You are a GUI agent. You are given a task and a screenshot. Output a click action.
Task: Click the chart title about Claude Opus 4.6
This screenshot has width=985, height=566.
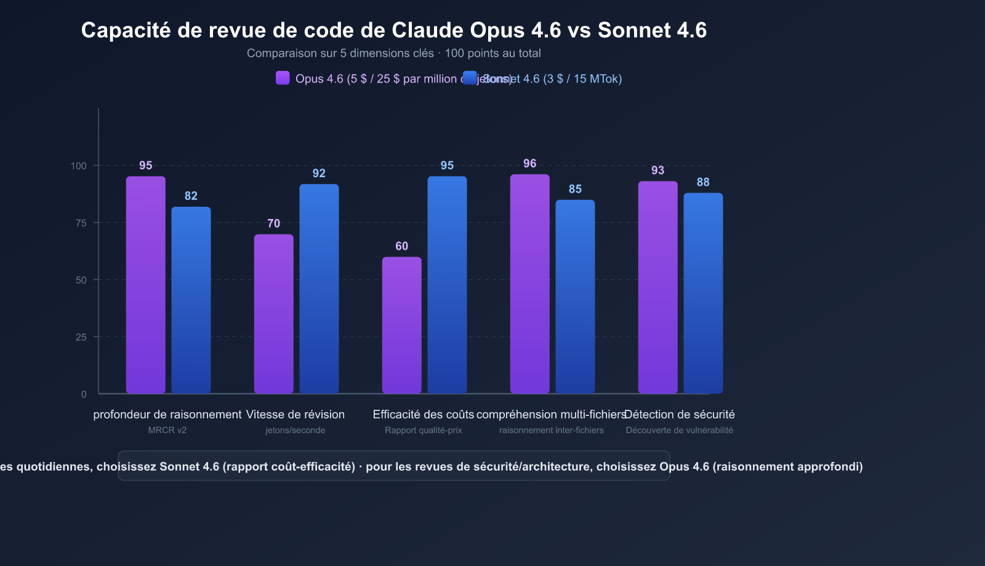(x=394, y=30)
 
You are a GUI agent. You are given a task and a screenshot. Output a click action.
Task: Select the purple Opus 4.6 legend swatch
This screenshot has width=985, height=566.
(x=283, y=78)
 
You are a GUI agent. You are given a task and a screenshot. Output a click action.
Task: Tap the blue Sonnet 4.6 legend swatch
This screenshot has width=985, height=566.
(x=470, y=78)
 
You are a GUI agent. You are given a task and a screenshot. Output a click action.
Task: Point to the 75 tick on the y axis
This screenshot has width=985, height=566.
(x=81, y=223)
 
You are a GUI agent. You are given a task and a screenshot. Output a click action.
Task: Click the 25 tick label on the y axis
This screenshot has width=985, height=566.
(x=81, y=337)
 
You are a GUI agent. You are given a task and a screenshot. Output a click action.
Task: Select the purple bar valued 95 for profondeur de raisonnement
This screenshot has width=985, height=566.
(x=146, y=285)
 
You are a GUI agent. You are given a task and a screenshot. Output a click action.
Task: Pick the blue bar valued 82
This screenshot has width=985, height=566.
(x=191, y=300)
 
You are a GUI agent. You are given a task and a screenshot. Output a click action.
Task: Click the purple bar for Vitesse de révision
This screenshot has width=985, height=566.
(x=274, y=314)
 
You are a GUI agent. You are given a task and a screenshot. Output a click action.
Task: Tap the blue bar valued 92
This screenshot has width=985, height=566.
(x=319, y=289)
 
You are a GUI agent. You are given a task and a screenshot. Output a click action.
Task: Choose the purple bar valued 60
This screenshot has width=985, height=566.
(x=402, y=325)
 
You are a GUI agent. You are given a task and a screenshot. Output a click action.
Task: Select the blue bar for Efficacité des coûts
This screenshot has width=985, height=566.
(x=447, y=285)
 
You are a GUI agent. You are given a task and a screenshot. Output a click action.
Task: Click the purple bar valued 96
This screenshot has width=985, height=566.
(x=530, y=284)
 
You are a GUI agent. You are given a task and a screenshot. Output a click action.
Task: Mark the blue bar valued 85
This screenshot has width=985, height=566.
(x=575, y=297)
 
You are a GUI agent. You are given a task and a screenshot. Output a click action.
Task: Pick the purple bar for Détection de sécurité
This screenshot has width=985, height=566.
(x=657, y=287)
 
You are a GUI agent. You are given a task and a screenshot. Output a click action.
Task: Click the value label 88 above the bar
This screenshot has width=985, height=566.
(x=703, y=182)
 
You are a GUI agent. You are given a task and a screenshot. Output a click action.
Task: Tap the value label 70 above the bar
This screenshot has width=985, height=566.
(x=274, y=223)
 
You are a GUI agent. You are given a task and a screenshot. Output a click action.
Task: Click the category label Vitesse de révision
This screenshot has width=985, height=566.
(x=295, y=415)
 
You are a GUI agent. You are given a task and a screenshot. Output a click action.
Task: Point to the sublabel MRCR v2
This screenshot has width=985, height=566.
(x=167, y=430)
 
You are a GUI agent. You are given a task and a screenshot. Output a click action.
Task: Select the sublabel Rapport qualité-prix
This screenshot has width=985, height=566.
(x=424, y=430)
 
